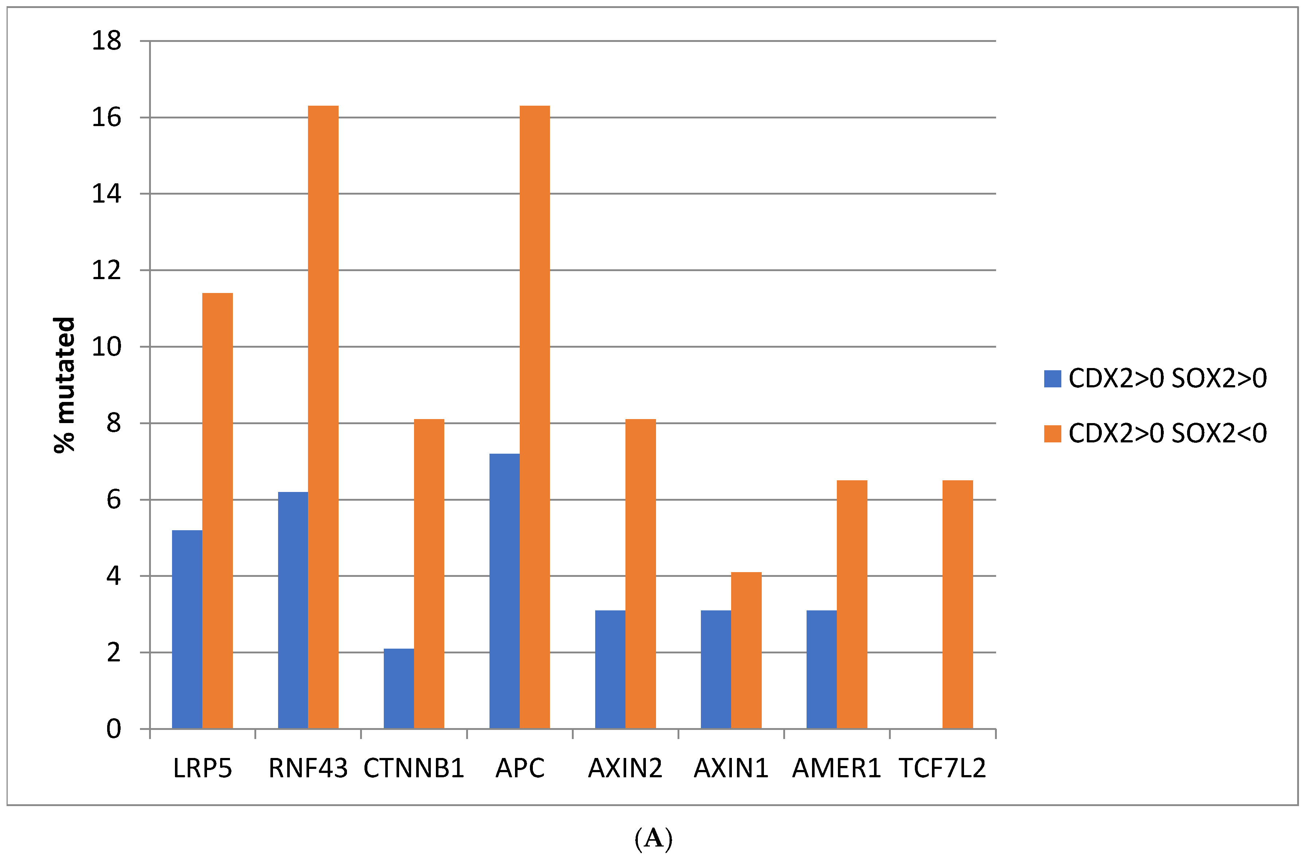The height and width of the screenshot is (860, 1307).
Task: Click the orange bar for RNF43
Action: tap(323, 417)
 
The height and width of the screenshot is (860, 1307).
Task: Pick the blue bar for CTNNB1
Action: tap(399, 689)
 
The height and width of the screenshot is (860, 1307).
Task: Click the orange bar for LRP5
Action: tap(218, 511)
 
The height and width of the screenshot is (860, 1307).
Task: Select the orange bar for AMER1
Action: tap(852, 605)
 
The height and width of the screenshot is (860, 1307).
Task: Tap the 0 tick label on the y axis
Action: tap(114, 729)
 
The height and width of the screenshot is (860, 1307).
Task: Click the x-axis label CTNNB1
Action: tap(414, 768)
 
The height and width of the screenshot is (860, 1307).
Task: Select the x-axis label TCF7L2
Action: tap(943, 768)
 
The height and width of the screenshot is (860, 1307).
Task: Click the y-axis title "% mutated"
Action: tap(64, 385)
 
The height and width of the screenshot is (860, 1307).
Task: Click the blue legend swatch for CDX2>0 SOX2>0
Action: tap(1052, 379)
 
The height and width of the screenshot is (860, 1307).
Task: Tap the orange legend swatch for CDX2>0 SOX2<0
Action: tap(1052, 434)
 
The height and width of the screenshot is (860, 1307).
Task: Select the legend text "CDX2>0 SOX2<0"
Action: tap(1167, 434)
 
